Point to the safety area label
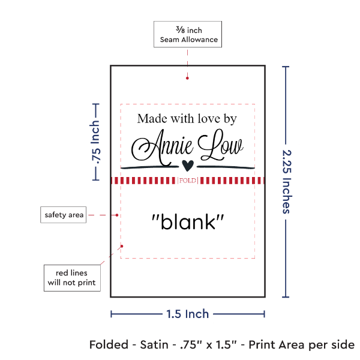[x=63, y=215]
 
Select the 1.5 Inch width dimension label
[x=187, y=313]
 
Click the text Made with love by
[x=187, y=119]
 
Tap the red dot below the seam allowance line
[x=188, y=77]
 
